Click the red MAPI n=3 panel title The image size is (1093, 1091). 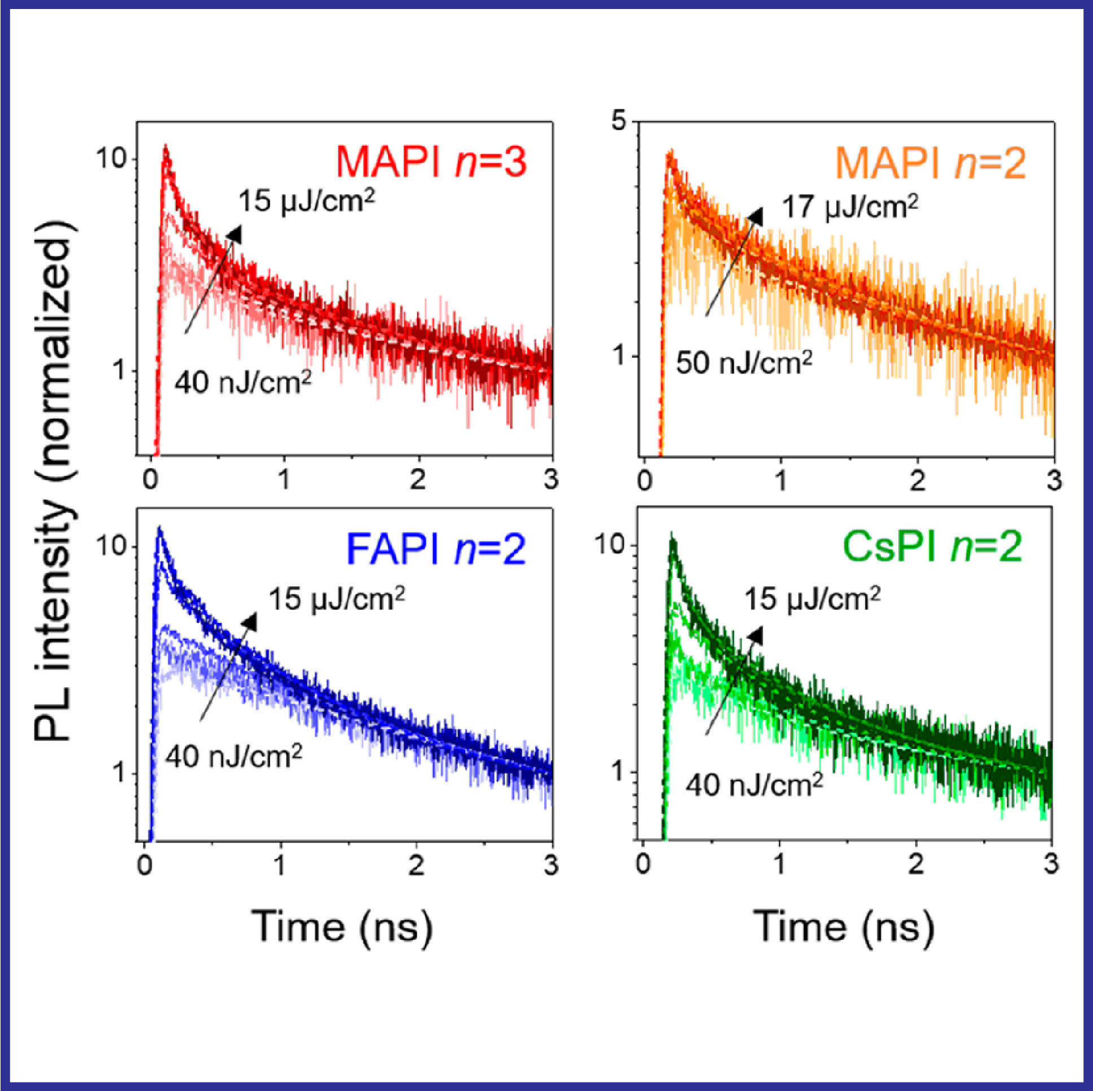pyautogui.click(x=431, y=163)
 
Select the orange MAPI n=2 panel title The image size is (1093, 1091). pyautogui.click(x=930, y=164)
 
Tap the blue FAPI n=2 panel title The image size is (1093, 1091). pyautogui.click(x=436, y=549)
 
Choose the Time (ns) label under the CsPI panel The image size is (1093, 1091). pyautogui.click(x=844, y=927)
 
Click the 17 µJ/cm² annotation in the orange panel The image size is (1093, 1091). pyautogui.click(x=850, y=207)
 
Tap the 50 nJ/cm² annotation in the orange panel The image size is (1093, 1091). pyautogui.click(x=744, y=362)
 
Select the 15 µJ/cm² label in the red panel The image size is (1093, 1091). pyautogui.click(x=306, y=201)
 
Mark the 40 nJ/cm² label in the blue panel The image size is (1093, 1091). pyautogui.click(x=234, y=756)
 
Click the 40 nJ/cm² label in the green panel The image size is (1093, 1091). pyautogui.click(x=754, y=785)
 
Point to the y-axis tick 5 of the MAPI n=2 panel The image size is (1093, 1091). pyautogui.click(x=620, y=121)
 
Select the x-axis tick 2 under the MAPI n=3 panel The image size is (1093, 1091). pyautogui.click(x=418, y=480)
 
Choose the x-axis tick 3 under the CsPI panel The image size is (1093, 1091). pyautogui.click(x=1051, y=864)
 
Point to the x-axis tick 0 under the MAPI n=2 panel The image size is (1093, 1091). pyautogui.click(x=645, y=481)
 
